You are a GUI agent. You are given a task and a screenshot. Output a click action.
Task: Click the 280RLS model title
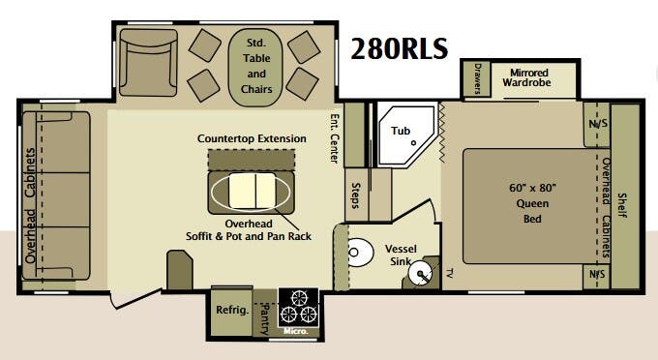tap(399, 48)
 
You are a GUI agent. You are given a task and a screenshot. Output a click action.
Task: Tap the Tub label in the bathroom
tap(401, 131)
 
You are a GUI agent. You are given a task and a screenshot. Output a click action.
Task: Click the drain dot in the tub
tap(413, 142)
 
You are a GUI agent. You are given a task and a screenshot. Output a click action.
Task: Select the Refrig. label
tap(232, 310)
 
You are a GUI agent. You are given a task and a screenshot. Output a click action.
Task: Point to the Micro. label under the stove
tap(295, 331)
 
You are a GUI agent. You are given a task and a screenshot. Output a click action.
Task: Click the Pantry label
tap(265, 319)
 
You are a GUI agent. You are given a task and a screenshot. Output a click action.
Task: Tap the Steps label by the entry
tap(355, 195)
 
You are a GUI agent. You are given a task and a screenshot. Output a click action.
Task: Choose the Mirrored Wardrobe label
tap(527, 77)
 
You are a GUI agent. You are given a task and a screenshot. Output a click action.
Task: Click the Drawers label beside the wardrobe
tap(477, 78)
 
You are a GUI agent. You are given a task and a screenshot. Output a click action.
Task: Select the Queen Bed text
tap(532, 203)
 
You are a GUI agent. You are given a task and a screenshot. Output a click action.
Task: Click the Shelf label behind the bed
tap(621, 205)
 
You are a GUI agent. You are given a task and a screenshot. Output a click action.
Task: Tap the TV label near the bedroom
tap(450, 274)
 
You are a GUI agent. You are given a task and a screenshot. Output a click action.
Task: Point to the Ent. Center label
tap(334, 138)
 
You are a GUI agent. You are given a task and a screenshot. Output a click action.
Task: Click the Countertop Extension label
tap(252, 139)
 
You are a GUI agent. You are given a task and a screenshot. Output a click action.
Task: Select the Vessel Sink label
tap(401, 255)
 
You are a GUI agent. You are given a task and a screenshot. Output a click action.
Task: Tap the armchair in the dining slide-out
tap(148, 63)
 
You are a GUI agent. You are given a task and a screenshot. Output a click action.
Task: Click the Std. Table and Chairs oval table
tap(255, 67)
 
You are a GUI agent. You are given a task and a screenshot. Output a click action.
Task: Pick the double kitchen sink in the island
tap(252, 192)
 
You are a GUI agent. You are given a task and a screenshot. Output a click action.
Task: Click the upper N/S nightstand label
tap(598, 124)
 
